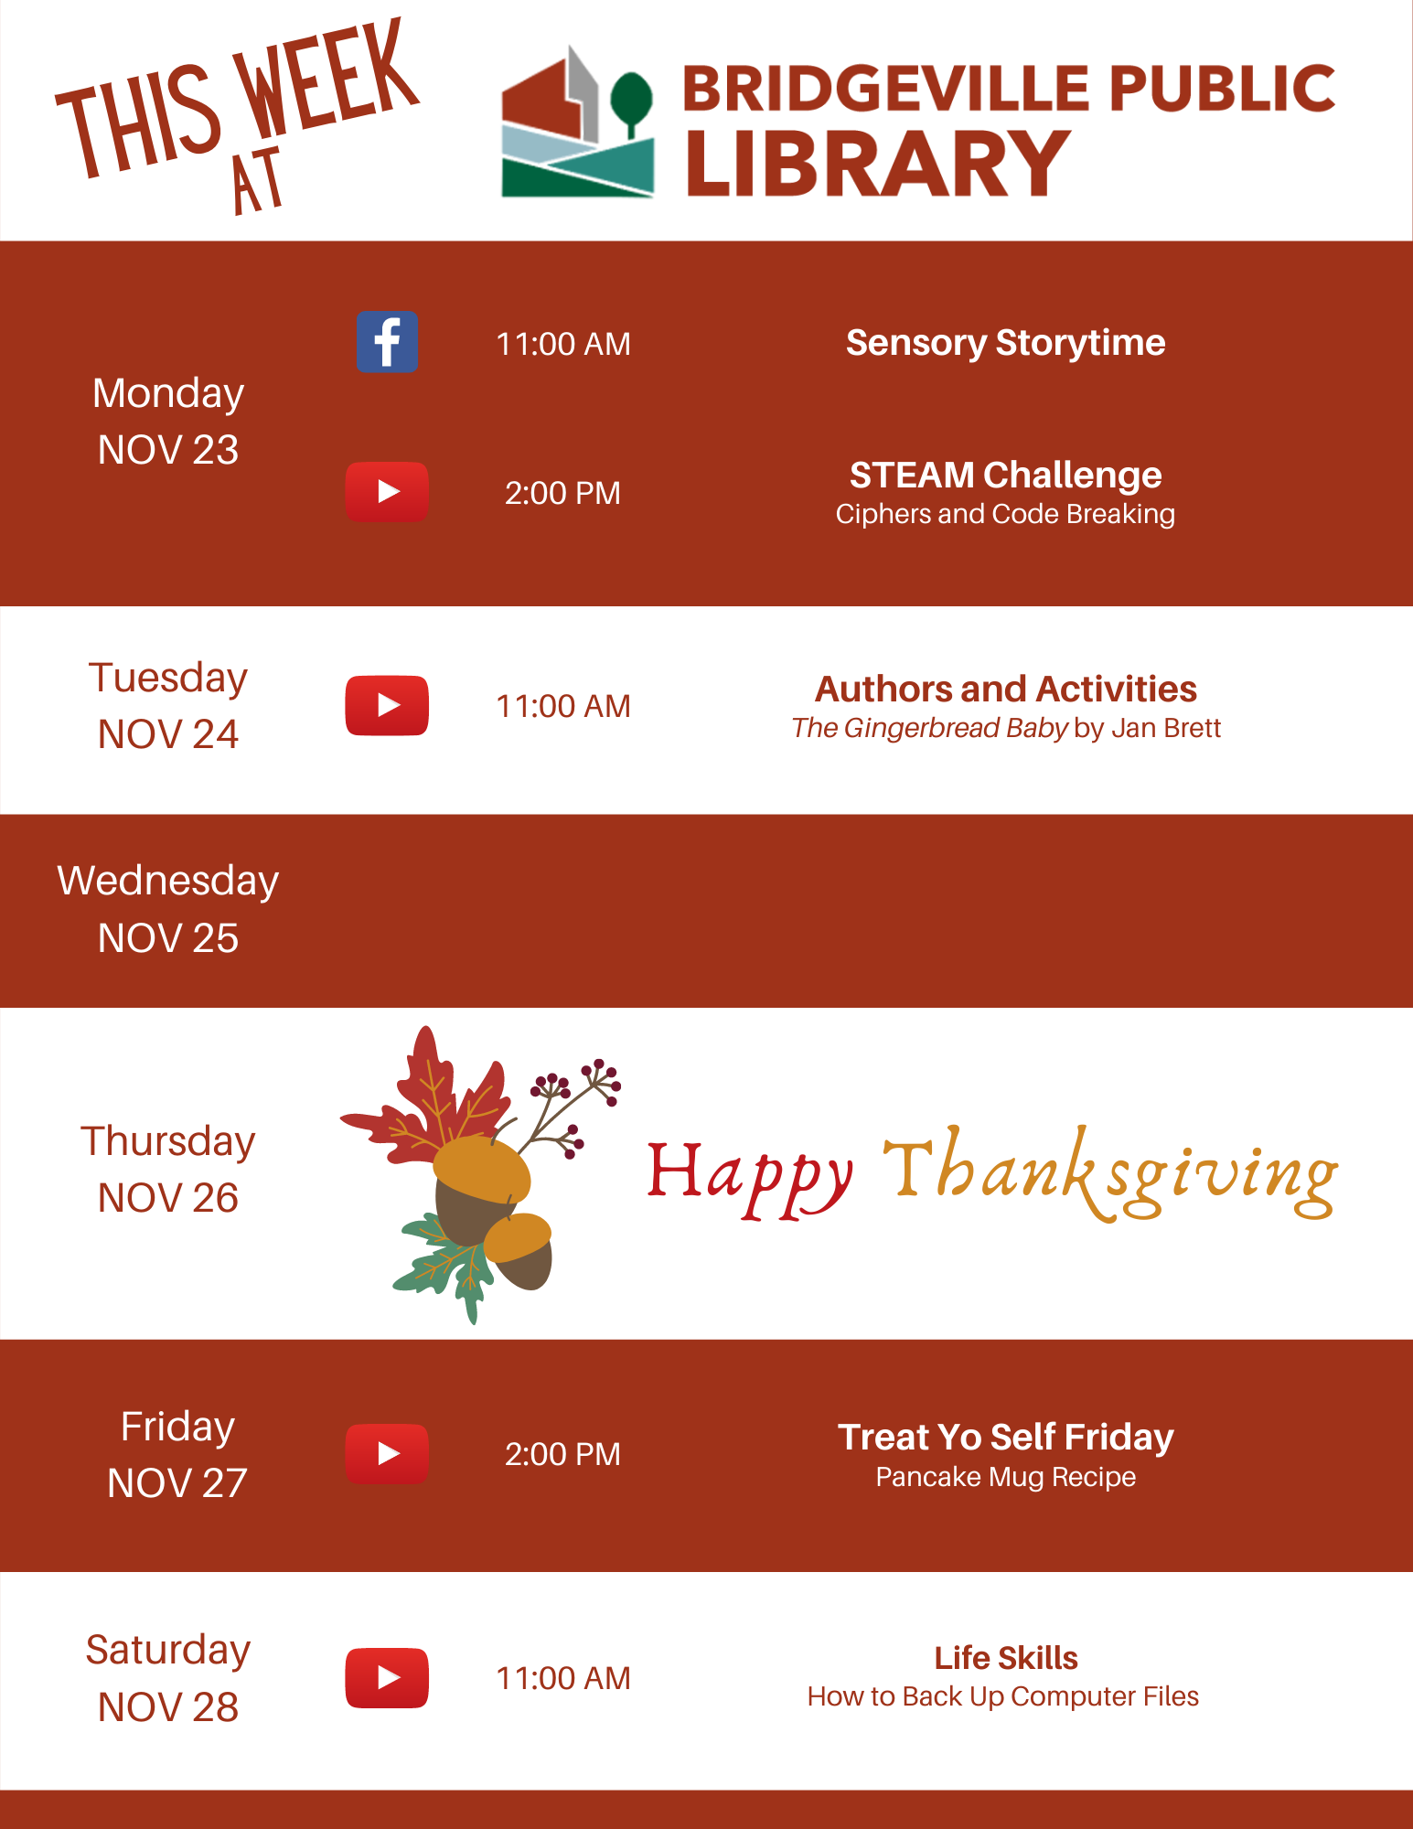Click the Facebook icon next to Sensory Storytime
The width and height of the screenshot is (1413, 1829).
point(387,342)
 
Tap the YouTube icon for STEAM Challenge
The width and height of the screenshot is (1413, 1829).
point(387,492)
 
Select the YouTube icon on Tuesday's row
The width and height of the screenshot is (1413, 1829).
point(387,705)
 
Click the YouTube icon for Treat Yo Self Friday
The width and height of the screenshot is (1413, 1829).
point(387,1453)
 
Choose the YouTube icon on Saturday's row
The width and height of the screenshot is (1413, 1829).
point(387,1677)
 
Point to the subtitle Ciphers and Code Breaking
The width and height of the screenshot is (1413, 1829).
point(1005,514)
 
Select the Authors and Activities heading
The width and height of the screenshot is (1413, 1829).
point(1005,689)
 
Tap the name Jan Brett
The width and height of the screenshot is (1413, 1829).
point(1166,728)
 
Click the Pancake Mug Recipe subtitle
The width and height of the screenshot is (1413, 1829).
point(1005,1477)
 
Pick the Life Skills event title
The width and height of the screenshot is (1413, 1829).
point(1005,1658)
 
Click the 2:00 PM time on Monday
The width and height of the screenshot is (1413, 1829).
point(562,493)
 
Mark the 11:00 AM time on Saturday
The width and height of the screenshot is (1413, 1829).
point(562,1678)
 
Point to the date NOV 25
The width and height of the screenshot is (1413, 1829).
point(168,938)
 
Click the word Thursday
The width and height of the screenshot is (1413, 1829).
point(168,1142)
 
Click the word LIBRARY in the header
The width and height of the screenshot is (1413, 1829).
point(878,163)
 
